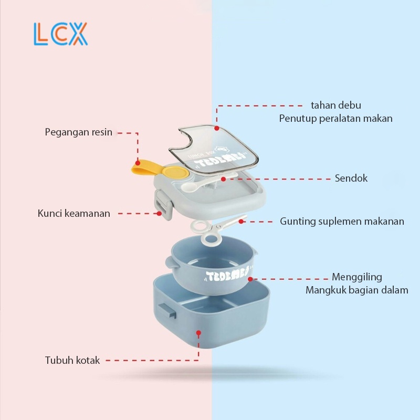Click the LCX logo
tap(60, 34)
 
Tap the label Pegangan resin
tap(78, 132)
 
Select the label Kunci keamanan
tap(74, 214)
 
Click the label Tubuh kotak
tap(72, 361)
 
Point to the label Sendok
tap(351, 178)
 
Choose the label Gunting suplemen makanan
tap(342, 221)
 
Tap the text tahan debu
tap(336, 106)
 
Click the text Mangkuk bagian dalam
tap(356, 290)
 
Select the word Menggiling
tap(357, 277)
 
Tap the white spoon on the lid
tap(194, 185)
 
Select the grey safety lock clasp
tap(163, 206)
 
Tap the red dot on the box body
tap(198, 332)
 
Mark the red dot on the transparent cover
tap(216, 127)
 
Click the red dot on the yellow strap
tap(138, 162)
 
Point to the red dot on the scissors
tap(240, 221)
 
